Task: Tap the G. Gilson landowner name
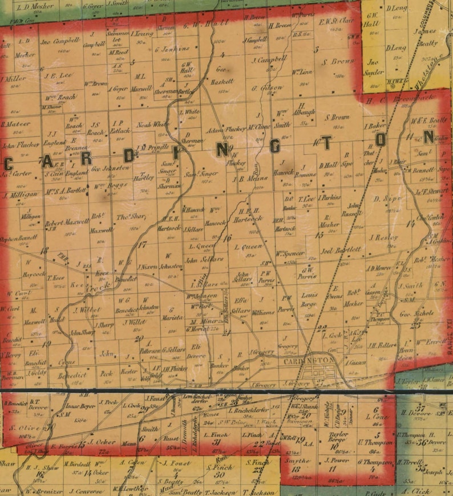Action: [x=267, y=87]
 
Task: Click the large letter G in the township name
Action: [x=274, y=147]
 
